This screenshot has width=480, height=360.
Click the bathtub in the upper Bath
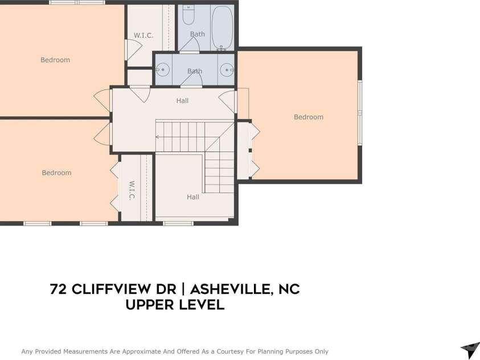point(223,28)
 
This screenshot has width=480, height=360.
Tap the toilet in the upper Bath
point(188,15)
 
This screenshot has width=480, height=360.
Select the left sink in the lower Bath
point(162,70)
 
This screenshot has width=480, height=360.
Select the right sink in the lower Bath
point(227,70)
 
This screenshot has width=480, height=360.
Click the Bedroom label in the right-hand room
point(309,117)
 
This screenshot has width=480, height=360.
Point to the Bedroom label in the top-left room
point(55,60)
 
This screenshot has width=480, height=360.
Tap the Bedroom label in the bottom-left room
point(56,173)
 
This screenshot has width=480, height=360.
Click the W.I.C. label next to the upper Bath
point(143,35)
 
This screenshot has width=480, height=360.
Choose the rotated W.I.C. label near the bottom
point(132,190)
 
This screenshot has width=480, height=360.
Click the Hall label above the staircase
point(182,101)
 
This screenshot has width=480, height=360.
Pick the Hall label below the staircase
point(193,197)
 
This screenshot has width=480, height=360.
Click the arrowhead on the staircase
point(157,137)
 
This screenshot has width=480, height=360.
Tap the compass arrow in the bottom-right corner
point(470,350)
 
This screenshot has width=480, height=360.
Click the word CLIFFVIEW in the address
point(124,289)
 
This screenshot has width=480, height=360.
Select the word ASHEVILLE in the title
point(231,289)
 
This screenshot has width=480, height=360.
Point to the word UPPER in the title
point(149,305)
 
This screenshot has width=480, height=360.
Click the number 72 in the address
point(58,289)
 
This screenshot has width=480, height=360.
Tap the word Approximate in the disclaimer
point(141,351)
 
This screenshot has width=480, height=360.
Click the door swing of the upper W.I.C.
point(134,49)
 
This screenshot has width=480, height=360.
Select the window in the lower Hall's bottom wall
point(178,223)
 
